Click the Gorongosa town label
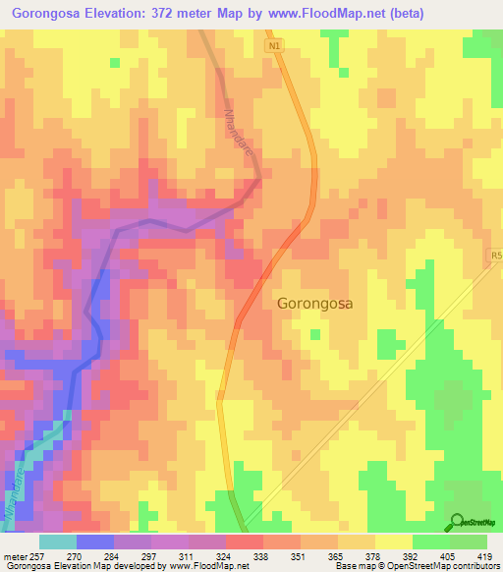tap(314, 304)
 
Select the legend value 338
tap(261, 555)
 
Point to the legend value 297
tap(149, 555)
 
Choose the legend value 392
tap(410, 555)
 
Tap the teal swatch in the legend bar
tap(58, 542)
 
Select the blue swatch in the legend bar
tap(95, 542)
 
